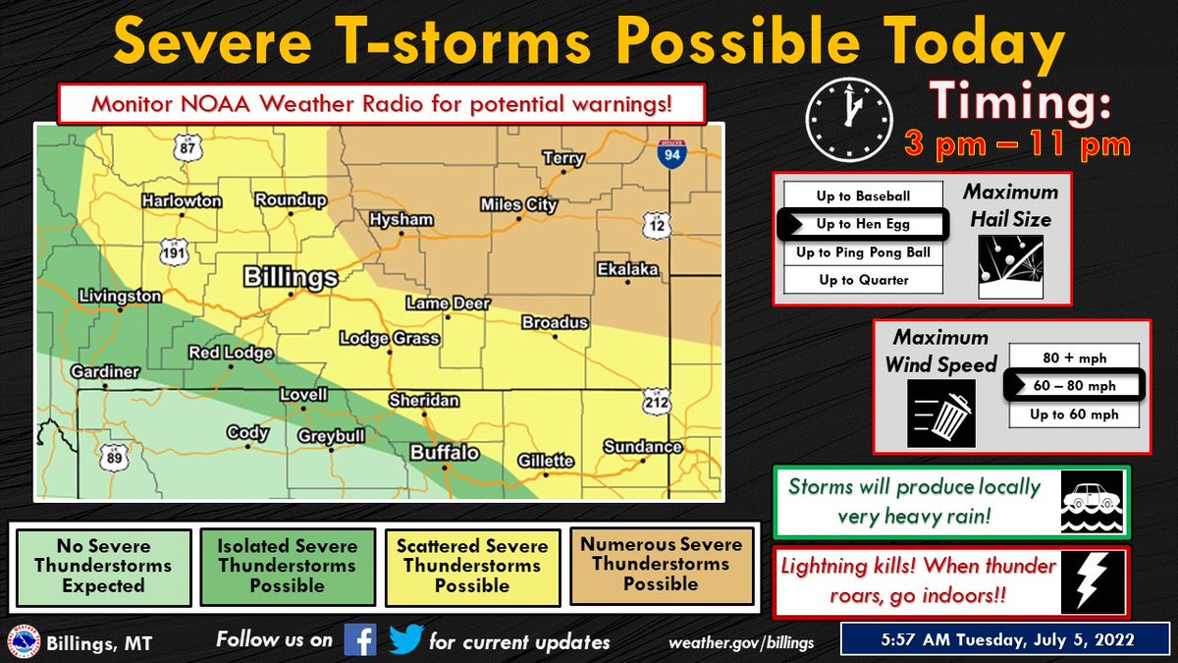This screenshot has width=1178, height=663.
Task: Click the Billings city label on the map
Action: pos(291,277)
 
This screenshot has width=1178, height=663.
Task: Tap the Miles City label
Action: pos(518,205)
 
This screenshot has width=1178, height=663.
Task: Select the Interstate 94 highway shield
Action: pos(671,154)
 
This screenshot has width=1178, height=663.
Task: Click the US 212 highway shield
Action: pos(657,400)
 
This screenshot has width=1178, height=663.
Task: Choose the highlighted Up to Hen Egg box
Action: pos(863,224)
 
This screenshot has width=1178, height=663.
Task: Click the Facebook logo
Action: pos(360,641)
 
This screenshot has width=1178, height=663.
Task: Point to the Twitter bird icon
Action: pos(404,641)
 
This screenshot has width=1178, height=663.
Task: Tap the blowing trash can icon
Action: pos(941,414)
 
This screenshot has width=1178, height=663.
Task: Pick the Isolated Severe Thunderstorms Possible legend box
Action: pos(287,567)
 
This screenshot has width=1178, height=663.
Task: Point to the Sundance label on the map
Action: pos(642,447)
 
